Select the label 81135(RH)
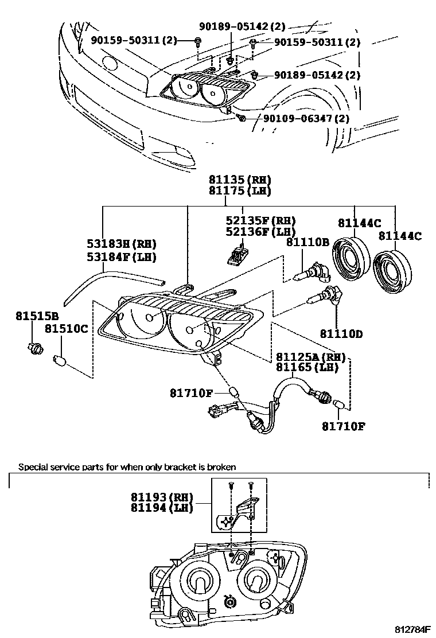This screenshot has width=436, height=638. (239, 180)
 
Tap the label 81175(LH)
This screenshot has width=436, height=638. (239, 191)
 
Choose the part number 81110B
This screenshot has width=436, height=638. (307, 242)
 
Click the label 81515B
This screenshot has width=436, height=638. (38, 317)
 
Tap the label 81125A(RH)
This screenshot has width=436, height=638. (310, 357)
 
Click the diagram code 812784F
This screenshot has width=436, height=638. (410, 629)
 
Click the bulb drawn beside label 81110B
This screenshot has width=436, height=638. (314, 270)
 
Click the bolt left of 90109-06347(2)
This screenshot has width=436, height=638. (242, 118)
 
